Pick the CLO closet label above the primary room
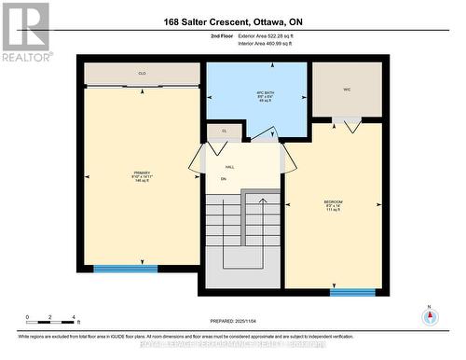[x=142, y=73]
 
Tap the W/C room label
[x=346, y=90]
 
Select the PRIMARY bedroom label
[x=141, y=176]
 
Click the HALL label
[x=229, y=167]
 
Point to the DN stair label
[x=224, y=180]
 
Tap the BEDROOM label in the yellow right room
[x=333, y=205]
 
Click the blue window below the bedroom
[x=352, y=292]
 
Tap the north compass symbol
[x=429, y=315]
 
